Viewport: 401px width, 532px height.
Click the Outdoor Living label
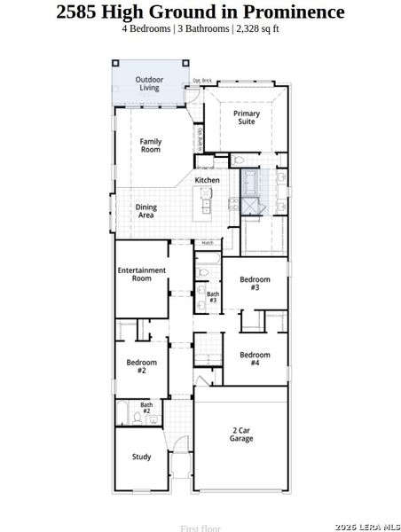tap(149, 84)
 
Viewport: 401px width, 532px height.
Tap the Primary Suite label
tap(247, 118)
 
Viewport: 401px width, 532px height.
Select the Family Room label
tap(151, 145)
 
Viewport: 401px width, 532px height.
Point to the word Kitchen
tap(208, 180)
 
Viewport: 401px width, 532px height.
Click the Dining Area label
tap(145, 211)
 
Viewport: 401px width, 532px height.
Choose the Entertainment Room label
tap(142, 274)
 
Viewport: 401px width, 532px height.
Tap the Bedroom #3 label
tap(255, 284)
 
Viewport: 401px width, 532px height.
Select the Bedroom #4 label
tap(255, 359)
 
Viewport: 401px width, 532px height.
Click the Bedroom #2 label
tap(141, 366)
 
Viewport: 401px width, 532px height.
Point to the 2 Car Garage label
tap(241, 434)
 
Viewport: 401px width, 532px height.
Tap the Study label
tap(141, 458)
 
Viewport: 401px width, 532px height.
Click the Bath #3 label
tap(213, 297)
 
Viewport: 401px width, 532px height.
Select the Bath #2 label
tap(145, 409)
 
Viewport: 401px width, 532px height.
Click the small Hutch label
tap(207, 242)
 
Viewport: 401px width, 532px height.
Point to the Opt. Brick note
tap(202, 81)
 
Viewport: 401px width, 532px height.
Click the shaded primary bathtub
tap(250, 183)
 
